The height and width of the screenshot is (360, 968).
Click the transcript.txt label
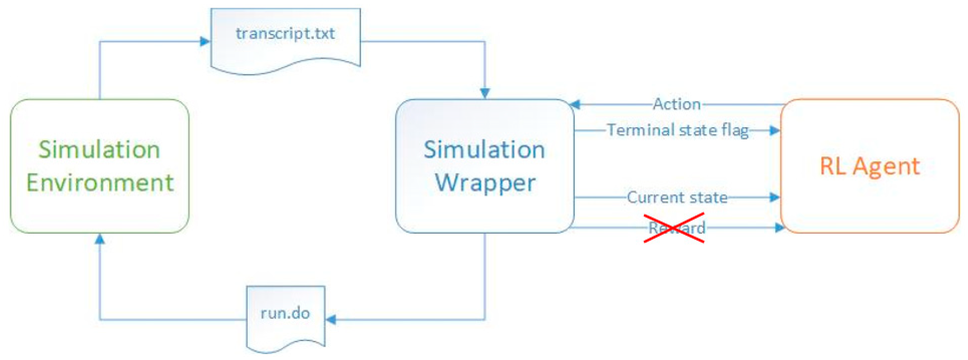tap(285, 33)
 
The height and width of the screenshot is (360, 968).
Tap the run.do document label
tap(285, 313)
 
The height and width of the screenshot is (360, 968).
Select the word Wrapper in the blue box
tap(485, 183)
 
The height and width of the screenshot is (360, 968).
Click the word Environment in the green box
tap(100, 183)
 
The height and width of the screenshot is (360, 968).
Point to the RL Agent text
tap(869, 166)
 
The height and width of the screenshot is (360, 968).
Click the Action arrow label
tap(677, 104)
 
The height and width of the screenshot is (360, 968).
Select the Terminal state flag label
tap(678, 130)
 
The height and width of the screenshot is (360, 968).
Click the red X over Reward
tap(674, 228)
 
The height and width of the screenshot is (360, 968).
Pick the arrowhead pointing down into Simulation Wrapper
tap(485, 93)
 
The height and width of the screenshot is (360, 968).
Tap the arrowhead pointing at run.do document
tap(331, 320)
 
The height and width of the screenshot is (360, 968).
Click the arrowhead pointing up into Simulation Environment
tap(100, 239)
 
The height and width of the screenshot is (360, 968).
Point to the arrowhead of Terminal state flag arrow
tap(775, 130)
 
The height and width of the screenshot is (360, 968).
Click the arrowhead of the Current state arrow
tap(775, 197)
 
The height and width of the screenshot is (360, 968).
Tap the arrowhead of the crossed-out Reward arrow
tap(779, 227)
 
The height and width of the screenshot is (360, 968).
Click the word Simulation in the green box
tap(99, 149)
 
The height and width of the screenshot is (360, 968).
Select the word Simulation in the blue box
tap(484, 149)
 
